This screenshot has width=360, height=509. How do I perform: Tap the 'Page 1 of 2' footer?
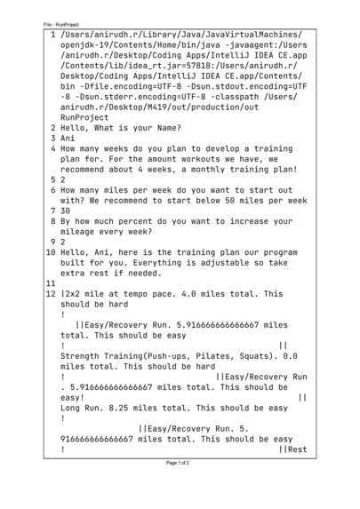(180, 488)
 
